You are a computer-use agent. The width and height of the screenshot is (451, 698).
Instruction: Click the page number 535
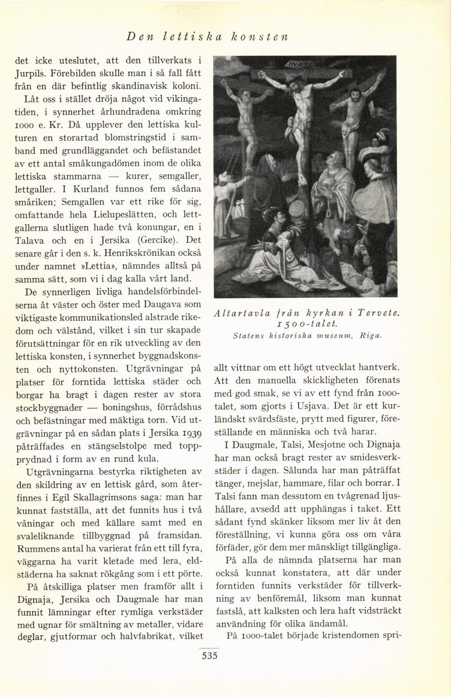(209, 655)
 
